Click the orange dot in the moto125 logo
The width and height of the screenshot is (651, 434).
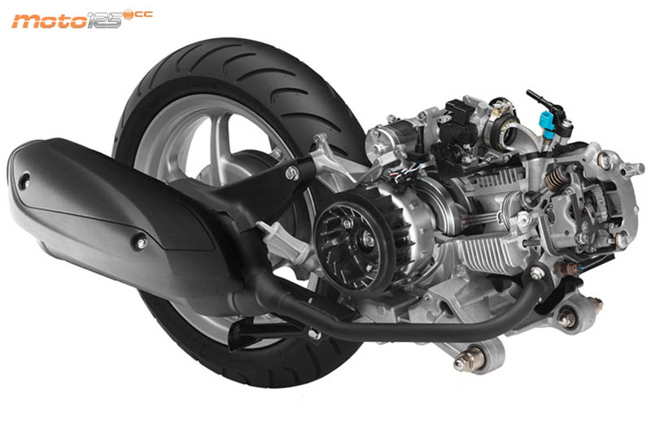click(129, 15)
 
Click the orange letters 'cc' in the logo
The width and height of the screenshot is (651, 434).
click(144, 15)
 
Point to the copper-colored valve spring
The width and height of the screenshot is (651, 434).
click(554, 179)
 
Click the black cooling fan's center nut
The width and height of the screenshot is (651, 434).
click(368, 239)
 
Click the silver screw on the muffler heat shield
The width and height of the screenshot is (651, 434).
click(141, 242)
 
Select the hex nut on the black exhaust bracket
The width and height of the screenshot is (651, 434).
click(292, 173)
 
